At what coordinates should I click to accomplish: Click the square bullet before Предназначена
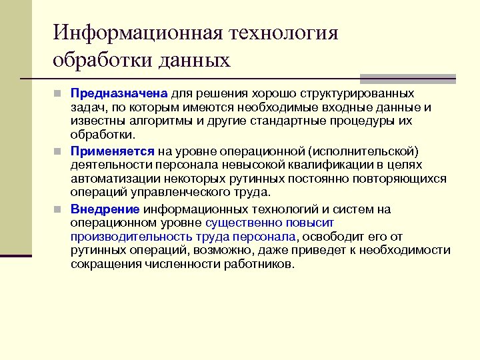pyautogui.click(x=59, y=93)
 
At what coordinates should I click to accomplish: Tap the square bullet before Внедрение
pyautogui.click(x=59, y=209)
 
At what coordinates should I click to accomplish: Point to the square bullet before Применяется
pyautogui.click(x=59, y=151)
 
